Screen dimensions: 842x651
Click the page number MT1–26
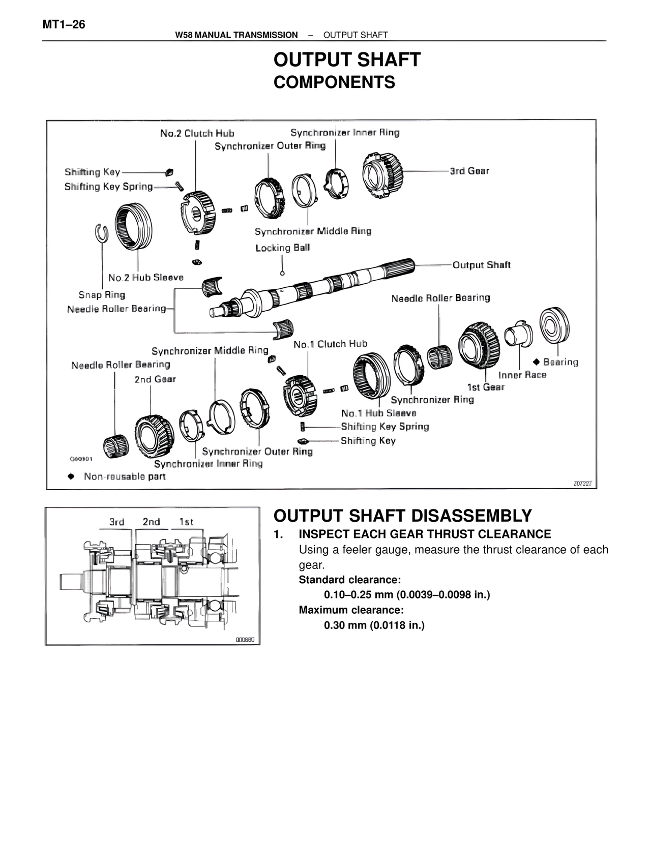click(x=64, y=24)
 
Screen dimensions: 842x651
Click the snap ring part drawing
click(x=102, y=233)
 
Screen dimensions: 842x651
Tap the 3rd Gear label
click(x=469, y=171)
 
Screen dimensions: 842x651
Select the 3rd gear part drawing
click(x=382, y=175)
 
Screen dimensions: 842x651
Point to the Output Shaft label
click(x=481, y=265)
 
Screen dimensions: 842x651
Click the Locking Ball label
click(x=282, y=248)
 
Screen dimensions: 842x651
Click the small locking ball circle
click(x=283, y=273)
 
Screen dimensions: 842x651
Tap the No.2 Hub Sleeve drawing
click(x=133, y=226)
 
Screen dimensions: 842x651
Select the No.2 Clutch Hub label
click(x=197, y=133)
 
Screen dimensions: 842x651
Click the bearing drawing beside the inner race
click(x=554, y=325)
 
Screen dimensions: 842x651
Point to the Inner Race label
click(x=522, y=375)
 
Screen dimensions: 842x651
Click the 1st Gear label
click(x=486, y=387)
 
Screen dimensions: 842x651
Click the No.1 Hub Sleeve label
click(x=378, y=413)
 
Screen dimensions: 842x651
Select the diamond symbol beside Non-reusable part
click(x=71, y=476)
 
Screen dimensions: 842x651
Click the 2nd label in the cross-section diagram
click(x=151, y=522)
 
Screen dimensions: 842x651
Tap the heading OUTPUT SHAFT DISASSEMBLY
click(x=402, y=516)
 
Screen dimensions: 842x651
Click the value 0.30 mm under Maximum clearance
click(x=374, y=625)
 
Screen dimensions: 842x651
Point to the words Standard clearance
click(x=349, y=580)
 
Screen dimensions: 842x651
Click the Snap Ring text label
click(x=102, y=294)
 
